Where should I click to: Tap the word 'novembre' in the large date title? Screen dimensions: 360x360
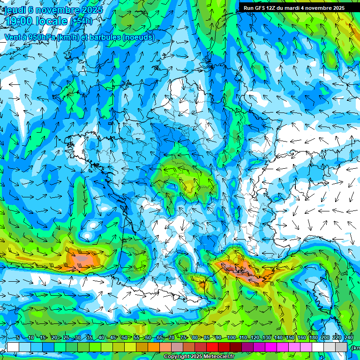coord(61,9)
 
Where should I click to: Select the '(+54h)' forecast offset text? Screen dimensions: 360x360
coord(81,21)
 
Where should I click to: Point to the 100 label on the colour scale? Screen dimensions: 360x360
coord(231,338)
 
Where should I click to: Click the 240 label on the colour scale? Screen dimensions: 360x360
coord(348,338)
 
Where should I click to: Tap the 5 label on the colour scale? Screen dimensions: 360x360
coord(17,338)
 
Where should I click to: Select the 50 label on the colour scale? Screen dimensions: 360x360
coord(124,338)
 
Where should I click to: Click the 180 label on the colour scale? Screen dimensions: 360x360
coord(313,338)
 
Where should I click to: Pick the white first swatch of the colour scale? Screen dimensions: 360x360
coord(13,347)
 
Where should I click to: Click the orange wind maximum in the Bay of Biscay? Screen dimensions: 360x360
coord(82,259)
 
